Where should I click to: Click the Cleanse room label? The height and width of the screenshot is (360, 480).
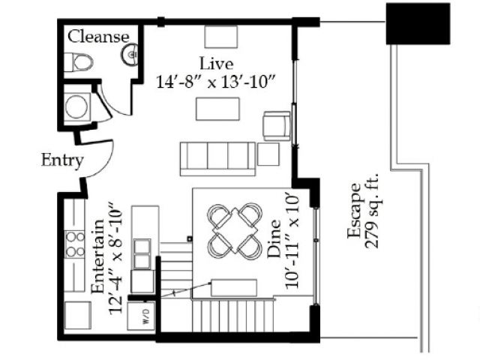[98, 37]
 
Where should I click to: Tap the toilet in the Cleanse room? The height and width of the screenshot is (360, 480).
[78, 62]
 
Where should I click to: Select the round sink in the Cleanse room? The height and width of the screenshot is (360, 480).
[130, 55]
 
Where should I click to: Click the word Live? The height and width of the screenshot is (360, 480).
[216, 63]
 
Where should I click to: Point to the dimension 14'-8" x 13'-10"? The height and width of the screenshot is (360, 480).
[216, 82]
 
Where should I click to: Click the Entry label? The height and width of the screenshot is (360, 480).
[62, 160]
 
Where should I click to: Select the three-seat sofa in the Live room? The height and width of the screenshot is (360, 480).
[217, 159]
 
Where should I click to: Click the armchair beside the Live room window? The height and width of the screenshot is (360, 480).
[277, 126]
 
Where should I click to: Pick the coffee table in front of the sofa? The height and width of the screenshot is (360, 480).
[217, 109]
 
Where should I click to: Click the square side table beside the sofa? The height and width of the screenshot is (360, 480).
[268, 154]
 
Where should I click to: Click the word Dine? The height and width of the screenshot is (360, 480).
[274, 238]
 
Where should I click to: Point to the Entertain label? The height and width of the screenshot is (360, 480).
[98, 256]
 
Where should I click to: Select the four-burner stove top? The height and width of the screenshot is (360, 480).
[75, 244]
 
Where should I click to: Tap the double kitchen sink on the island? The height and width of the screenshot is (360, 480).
[142, 254]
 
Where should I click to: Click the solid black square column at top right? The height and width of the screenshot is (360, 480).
[418, 23]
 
